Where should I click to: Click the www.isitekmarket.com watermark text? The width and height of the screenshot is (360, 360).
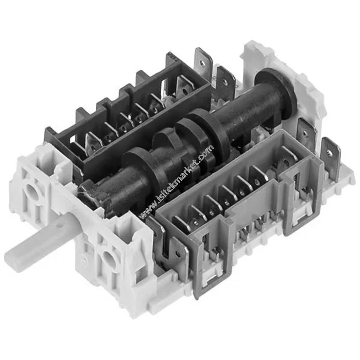(176, 182)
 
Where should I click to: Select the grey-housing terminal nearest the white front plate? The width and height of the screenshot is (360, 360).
(180, 223)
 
